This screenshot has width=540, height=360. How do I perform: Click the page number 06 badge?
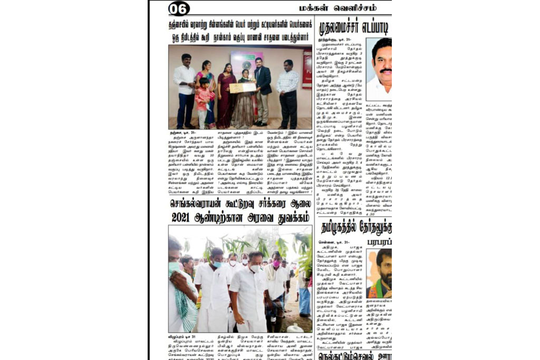[179, 8]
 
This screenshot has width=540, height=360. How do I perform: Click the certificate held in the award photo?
[243, 87]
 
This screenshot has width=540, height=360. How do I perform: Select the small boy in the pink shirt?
[202, 100]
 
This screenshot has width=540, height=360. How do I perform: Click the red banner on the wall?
[306, 69]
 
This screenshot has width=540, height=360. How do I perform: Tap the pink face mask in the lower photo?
[276, 263]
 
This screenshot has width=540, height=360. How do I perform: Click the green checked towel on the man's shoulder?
[185, 306]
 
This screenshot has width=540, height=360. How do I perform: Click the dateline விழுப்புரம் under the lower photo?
[179, 337]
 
